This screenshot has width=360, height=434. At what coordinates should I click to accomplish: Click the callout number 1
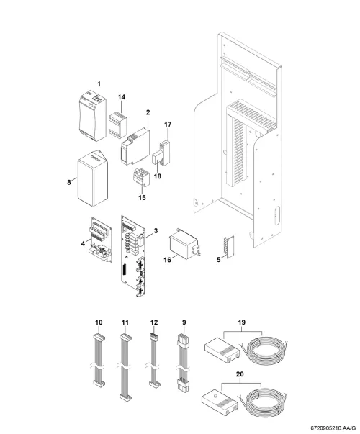[99, 84]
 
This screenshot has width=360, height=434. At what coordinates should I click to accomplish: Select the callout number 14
[121, 97]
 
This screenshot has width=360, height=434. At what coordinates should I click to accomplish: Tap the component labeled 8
[92, 178]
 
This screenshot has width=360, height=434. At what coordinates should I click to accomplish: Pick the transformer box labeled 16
[184, 244]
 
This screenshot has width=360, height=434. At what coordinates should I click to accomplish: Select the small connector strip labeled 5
[230, 247]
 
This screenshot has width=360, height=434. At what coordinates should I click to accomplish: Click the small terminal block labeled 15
[142, 177]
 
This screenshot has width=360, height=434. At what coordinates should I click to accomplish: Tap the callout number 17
[168, 125]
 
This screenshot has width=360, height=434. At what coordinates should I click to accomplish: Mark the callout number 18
[157, 176]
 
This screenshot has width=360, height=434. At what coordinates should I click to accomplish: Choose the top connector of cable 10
[99, 338]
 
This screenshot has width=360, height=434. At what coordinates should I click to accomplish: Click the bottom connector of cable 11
[126, 398]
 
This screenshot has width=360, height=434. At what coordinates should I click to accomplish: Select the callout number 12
[154, 322]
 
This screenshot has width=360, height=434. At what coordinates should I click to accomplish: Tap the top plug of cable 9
[183, 341]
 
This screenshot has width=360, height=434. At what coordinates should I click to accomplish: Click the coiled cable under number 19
[264, 351]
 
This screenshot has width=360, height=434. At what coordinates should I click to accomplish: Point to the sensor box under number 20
[220, 400]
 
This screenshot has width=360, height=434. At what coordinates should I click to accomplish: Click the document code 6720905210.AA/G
[333, 428]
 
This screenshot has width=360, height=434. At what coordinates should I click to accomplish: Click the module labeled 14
[118, 125]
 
